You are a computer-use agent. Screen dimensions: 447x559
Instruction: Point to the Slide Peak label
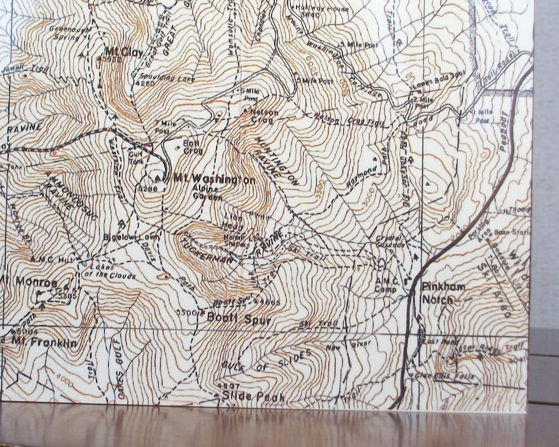[x=253, y=397]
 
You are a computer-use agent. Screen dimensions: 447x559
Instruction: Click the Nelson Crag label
[x=264, y=116]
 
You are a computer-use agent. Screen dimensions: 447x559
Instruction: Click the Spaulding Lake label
[x=167, y=77]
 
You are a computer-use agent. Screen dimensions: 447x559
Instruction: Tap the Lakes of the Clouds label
[x=112, y=272]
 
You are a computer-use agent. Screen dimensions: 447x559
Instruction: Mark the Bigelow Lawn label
[x=125, y=237]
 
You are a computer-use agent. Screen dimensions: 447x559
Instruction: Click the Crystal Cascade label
[x=390, y=241]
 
